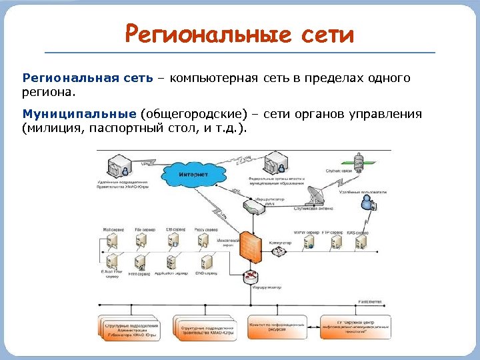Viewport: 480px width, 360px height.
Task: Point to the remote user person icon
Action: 365,203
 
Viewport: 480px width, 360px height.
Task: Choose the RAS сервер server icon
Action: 361,244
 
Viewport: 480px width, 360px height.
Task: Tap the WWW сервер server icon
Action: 309,244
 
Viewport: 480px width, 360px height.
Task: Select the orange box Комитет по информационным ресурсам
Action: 277,327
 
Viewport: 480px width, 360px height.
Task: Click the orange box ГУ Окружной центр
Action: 355,327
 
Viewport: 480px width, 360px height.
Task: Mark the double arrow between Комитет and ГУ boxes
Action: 313,327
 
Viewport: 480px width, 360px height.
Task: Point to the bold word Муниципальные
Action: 79,114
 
